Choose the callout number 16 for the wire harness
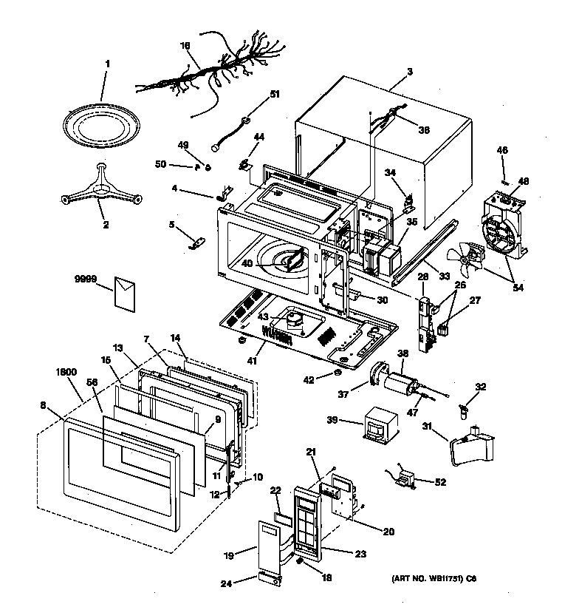186,45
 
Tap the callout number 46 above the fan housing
502,150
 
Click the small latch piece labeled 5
197,243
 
